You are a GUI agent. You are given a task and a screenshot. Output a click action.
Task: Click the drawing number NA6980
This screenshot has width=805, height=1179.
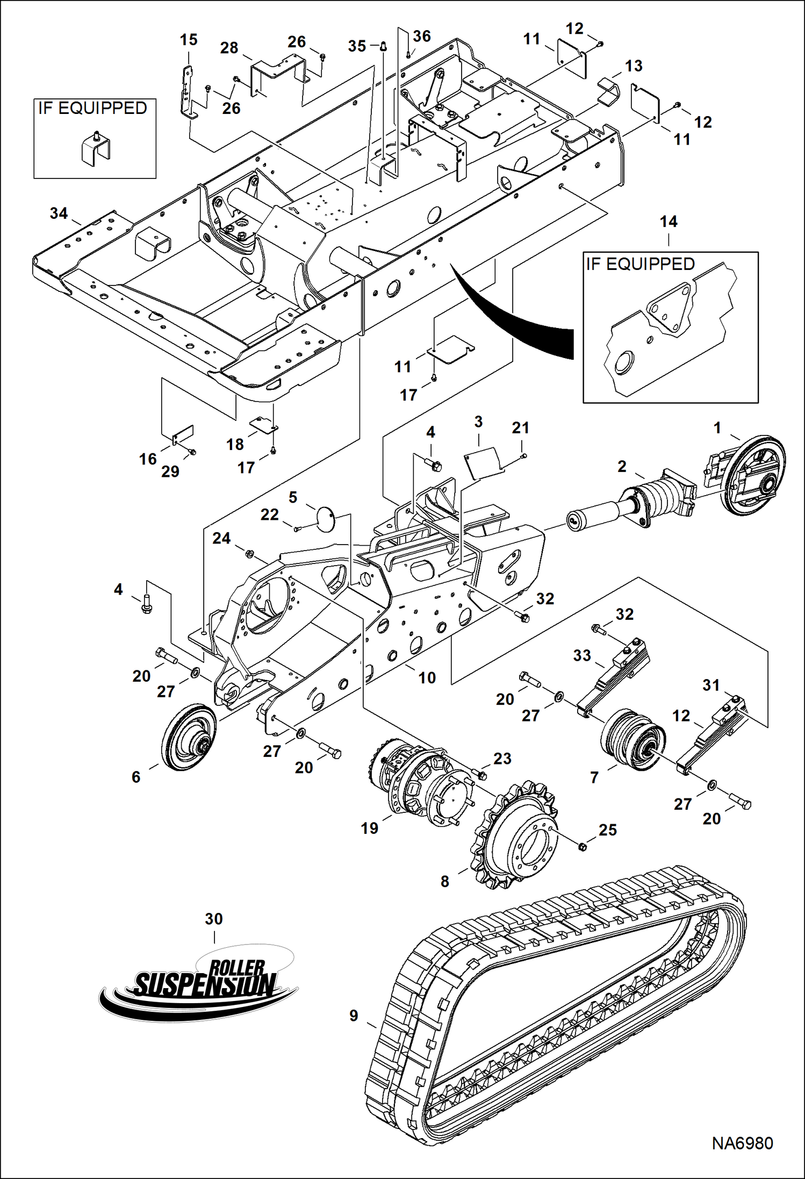click(742, 1143)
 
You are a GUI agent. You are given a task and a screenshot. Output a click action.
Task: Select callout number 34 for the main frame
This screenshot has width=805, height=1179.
click(59, 213)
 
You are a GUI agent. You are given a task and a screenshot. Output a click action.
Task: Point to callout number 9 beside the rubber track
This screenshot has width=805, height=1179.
click(354, 1015)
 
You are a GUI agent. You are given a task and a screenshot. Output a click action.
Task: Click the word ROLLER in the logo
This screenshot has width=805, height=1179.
click(237, 968)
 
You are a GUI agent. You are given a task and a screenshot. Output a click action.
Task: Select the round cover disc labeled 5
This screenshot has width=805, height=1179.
click(325, 519)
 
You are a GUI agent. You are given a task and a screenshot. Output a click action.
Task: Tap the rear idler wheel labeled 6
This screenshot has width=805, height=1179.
click(188, 737)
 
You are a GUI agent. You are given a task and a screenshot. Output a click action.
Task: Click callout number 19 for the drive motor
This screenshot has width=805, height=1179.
click(369, 828)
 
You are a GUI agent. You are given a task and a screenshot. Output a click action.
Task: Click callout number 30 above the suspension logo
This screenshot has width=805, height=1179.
click(213, 919)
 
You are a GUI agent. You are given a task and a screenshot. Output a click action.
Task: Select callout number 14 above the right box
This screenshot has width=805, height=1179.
click(669, 221)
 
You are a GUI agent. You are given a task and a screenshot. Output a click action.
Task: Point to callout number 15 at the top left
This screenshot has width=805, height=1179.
click(188, 40)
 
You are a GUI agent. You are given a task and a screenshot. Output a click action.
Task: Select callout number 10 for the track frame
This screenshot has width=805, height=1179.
click(427, 677)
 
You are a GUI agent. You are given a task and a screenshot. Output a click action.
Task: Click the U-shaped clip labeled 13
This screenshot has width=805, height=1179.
click(608, 92)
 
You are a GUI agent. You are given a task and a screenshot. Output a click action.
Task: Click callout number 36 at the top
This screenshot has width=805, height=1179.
click(422, 36)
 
